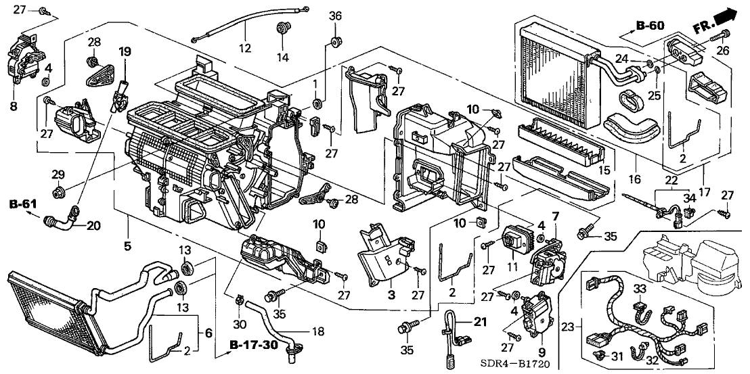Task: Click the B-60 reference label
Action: click(x=650, y=26)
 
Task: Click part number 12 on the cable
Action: click(x=244, y=48)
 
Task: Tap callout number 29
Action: click(x=60, y=174)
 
